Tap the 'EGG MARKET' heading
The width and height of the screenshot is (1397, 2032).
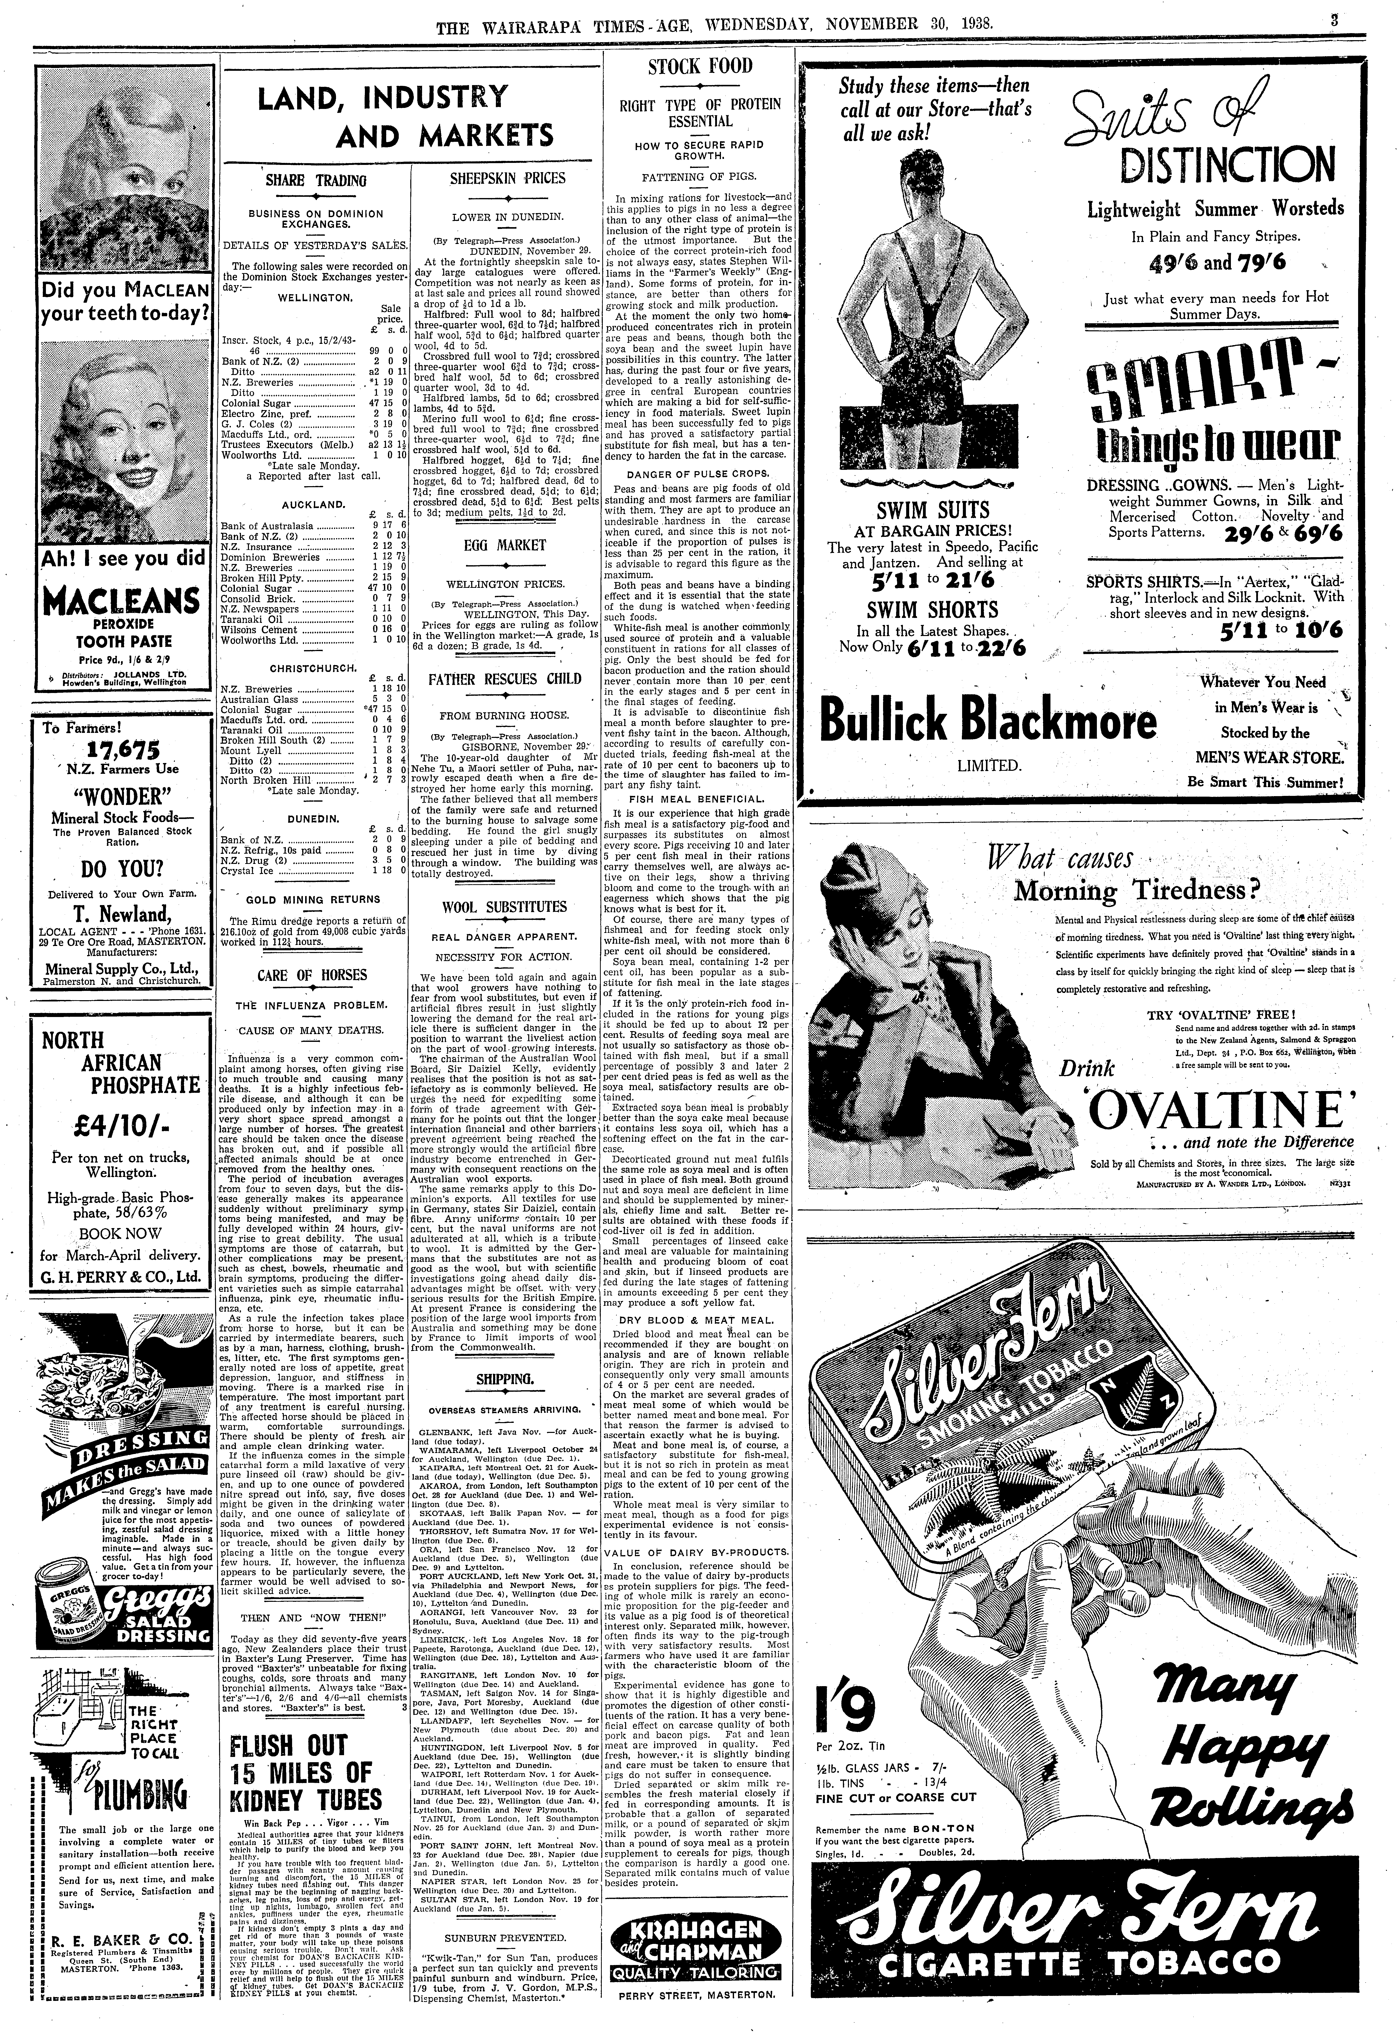[506, 545]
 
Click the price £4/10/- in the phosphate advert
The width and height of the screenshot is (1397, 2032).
[123, 1123]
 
